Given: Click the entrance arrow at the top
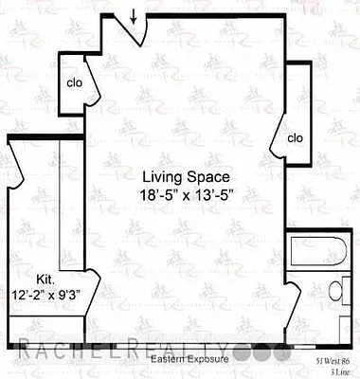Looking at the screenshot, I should coord(134,15).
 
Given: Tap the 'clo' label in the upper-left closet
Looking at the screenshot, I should coord(74,81).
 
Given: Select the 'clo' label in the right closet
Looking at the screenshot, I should coord(295,137).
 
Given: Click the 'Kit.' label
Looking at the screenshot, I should coord(46,280).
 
